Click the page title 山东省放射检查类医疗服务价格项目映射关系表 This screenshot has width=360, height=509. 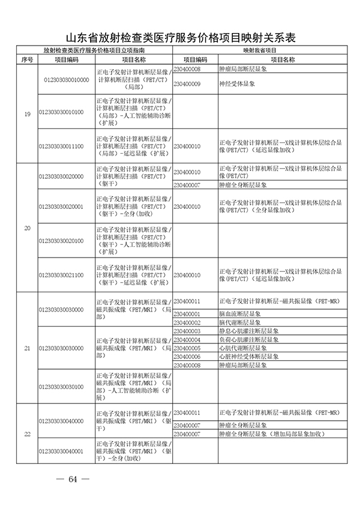pyautogui.click(x=180, y=38)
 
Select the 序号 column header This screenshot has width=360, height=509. pyautogui.click(x=27, y=59)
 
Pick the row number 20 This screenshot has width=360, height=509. pyautogui.click(x=27, y=227)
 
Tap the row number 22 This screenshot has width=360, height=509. pyautogui.click(x=27, y=434)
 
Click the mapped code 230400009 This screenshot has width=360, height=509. pyautogui.click(x=187, y=84)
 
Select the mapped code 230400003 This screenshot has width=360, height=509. pyautogui.click(x=186, y=331)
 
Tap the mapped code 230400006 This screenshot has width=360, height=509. pyautogui.click(x=186, y=356)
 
